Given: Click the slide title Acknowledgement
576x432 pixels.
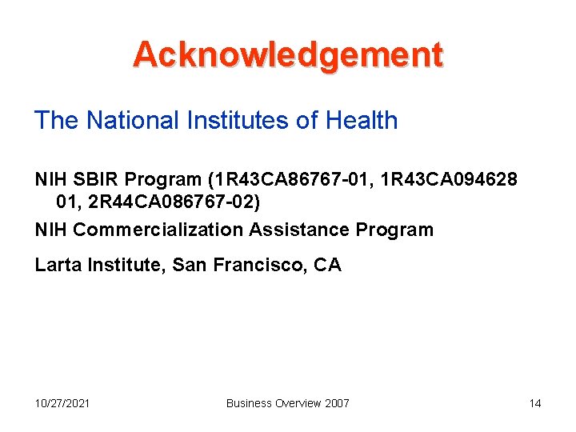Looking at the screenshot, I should [288, 54].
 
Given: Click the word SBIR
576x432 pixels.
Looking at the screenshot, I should [95, 178].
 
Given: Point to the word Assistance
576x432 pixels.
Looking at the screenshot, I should [299, 230].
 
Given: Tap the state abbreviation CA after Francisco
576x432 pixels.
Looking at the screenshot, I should [327, 265].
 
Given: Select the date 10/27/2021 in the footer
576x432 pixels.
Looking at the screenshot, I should [62, 403].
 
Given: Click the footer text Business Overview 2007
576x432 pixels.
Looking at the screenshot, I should [288, 403].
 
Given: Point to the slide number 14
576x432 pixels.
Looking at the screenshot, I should [535, 403].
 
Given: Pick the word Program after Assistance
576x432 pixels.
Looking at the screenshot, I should [394, 230].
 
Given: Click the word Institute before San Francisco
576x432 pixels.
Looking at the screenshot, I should [118, 265].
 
